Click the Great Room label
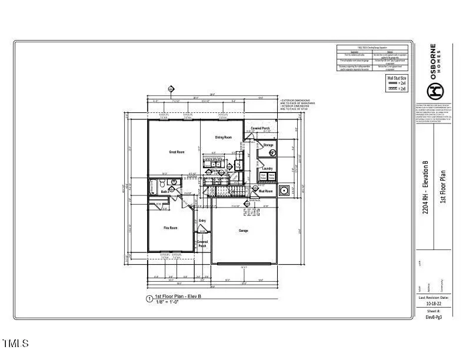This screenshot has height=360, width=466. tap(177, 152)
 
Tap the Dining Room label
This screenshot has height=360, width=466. tap(223, 138)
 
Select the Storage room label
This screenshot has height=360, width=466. tap(268, 145)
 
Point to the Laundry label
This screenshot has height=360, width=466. tap(268, 168)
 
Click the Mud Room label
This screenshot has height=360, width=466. tap(265, 191)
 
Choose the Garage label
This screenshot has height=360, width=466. tap(243, 231)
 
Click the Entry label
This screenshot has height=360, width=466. tap(202, 221)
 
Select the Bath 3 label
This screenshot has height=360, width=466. tap(165, 192)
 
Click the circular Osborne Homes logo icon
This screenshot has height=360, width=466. tap(434, 91)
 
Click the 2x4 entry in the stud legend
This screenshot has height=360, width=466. tap(398, 84)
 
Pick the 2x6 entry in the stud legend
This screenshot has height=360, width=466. tap(398, 88)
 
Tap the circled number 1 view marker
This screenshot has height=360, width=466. tap(149, 298)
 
